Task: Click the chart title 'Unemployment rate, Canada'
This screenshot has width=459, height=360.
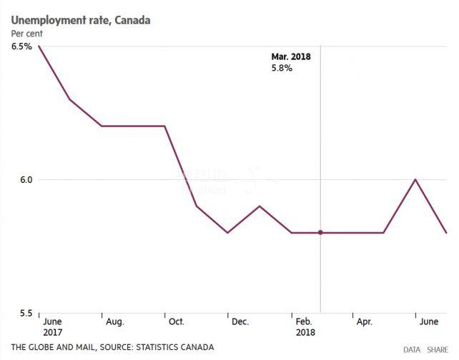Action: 80,20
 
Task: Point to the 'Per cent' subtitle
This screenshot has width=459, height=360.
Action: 27,34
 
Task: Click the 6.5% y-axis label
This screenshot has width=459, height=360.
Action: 21,46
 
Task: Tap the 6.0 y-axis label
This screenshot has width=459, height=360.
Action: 24,180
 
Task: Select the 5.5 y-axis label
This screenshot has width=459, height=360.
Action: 24,313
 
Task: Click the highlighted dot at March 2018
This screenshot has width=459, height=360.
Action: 320,232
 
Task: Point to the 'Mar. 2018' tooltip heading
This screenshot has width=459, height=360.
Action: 290,56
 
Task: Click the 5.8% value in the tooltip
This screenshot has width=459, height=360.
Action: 281,68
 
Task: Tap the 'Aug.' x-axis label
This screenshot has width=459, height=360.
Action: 114,322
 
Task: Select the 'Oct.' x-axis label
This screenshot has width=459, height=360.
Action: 177,322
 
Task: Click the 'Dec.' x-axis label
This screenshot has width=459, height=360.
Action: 240,322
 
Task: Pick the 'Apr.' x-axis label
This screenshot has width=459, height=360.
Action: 364,322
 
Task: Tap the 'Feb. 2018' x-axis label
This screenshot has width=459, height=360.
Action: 305,327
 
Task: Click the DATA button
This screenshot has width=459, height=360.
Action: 412,349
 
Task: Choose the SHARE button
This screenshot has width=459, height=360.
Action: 438,349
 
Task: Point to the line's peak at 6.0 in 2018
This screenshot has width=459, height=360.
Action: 415,179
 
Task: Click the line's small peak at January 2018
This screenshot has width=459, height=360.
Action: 259,206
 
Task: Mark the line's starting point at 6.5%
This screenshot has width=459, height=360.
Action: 38,46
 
